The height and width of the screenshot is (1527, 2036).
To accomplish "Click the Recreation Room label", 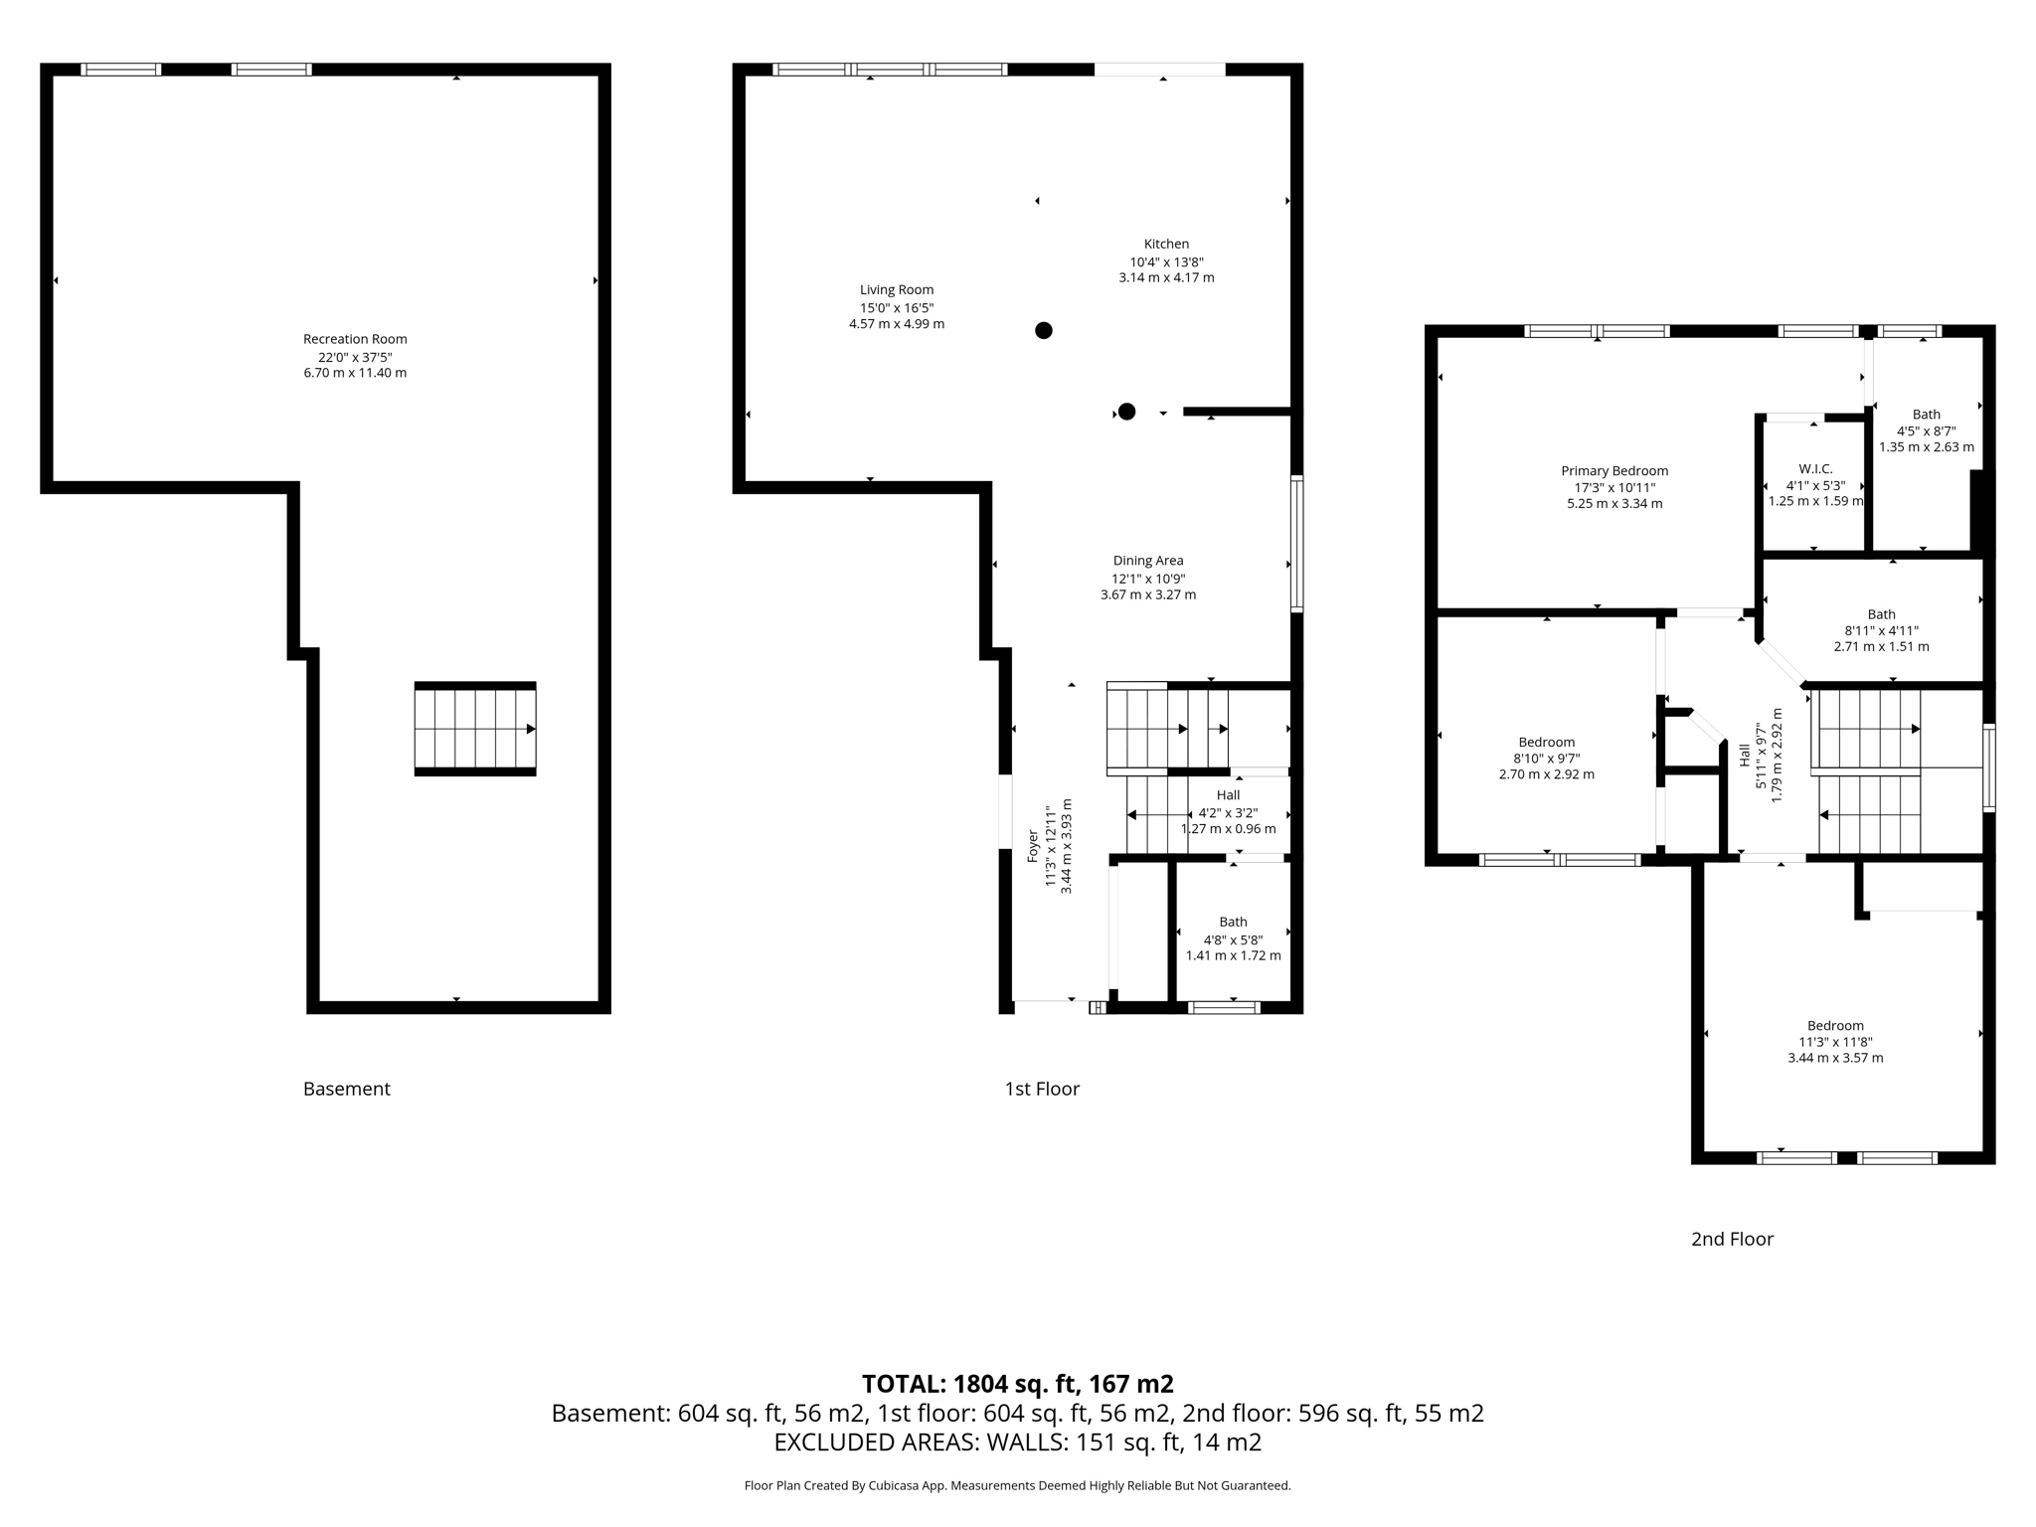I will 355,339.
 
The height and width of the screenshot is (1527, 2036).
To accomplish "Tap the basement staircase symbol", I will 475,729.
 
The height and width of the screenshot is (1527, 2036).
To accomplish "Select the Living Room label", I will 897,290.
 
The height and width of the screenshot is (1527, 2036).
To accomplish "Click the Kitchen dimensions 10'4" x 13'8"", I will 1166,261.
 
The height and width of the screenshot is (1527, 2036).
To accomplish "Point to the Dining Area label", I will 1148,561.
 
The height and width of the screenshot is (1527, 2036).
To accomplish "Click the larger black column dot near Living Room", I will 1043,330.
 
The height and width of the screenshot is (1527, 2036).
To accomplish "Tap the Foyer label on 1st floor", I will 1033,846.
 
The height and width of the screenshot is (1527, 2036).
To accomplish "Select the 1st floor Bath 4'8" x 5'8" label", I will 1233,922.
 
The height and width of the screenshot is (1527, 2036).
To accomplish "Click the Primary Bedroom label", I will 1614,471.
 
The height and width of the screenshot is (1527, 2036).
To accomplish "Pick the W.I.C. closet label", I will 1815,469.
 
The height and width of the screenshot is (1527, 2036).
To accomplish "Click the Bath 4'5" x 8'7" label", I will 1926,415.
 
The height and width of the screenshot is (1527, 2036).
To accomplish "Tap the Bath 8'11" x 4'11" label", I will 1881,614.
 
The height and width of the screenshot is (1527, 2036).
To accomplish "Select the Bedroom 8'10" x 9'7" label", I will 1546,742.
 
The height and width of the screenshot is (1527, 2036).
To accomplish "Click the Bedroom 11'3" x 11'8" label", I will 1835,1026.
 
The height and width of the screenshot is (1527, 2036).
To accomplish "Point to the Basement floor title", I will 347,1089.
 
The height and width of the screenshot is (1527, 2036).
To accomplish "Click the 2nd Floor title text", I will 1732,1239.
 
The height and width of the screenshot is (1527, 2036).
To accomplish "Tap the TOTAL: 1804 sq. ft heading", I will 1017,1384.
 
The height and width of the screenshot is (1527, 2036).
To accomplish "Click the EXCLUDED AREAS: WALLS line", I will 1017,1442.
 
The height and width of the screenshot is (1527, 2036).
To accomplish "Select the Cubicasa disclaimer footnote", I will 1017,1485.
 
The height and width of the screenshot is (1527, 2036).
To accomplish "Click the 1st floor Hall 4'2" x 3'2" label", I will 1228,795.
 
